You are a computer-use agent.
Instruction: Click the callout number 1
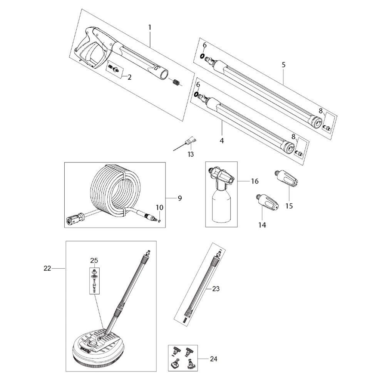[x=149, y=27]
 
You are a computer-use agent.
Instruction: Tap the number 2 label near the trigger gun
[x=129, y=77]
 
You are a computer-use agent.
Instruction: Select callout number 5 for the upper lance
[x=283, y=65]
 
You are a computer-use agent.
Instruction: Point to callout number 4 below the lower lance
[x=222, y=141]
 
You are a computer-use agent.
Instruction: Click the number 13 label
[x=190, y=154]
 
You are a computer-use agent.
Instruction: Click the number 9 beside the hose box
[x=179, y=198]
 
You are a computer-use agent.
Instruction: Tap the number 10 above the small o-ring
[x=160, y=208]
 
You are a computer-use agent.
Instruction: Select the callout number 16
[x=254, y=181]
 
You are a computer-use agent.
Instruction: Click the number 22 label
[x=47, y=269]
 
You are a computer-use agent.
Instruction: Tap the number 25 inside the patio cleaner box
[x=94, y=261]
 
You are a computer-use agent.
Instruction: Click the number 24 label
[x=214, y=359]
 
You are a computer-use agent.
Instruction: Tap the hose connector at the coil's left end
[x=73, y=220]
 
